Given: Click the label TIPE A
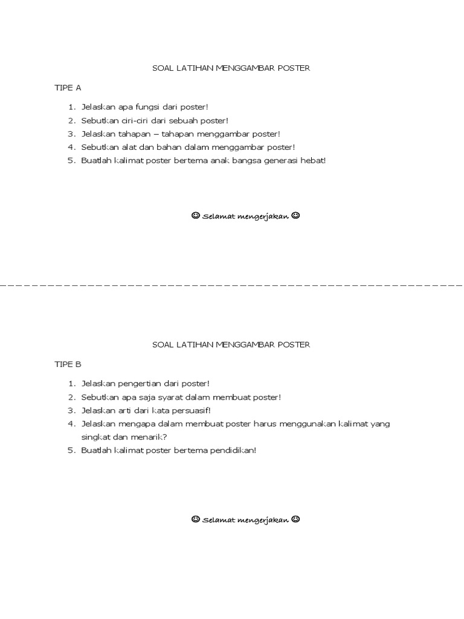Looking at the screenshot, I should (68, 88).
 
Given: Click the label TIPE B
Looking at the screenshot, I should (68, 365).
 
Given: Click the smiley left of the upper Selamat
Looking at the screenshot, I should (195, 216).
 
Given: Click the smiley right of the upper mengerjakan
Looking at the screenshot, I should (295, 216).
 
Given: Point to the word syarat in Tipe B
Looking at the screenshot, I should (176, 397).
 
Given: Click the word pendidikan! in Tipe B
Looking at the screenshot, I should (234, 450).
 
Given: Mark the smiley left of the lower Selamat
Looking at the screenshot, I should (195, 519).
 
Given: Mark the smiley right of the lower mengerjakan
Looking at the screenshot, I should (295, 519).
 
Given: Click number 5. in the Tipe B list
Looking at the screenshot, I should (71, 450).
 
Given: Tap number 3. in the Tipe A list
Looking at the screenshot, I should (71, 134).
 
